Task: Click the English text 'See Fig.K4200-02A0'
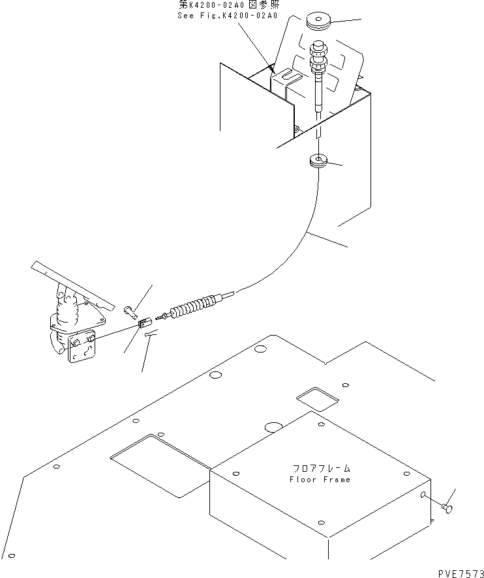click(227, 16)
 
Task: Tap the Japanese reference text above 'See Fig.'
click(229, 5)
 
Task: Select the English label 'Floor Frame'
click(320, 480)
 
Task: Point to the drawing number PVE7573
click(461, 573)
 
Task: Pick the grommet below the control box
click(319, 162)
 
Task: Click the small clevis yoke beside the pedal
click(144, 324)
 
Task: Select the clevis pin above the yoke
click(130, 311)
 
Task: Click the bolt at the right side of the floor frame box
click(447, 508)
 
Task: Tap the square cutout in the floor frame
click(318, 399)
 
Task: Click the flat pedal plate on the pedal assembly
click(74, 285)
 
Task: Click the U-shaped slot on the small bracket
click(288, 76)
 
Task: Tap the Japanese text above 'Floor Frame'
click(322, 469)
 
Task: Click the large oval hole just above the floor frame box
click(274, 427)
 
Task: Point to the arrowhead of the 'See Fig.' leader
click(274, 71)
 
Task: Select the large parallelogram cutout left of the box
click(160, 467)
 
